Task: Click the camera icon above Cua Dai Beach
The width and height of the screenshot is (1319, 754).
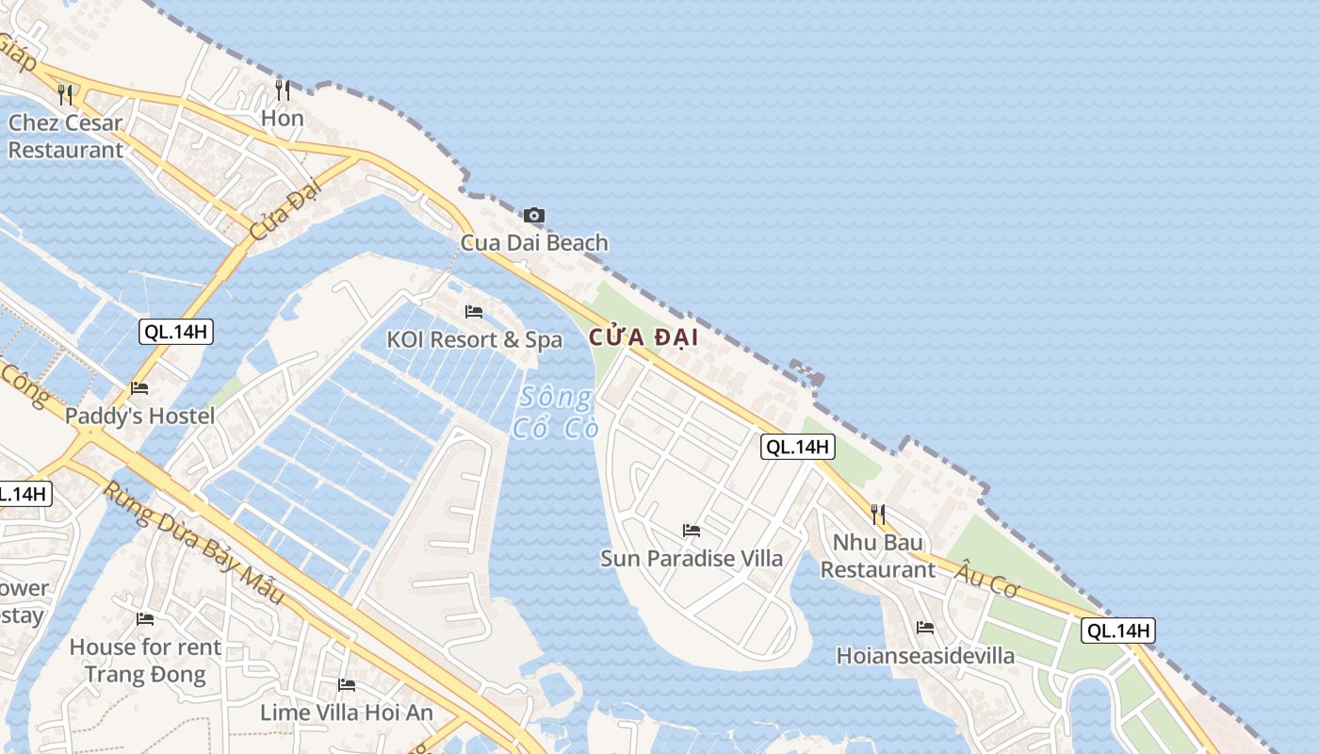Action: pyautogui.click(x=534, y=216)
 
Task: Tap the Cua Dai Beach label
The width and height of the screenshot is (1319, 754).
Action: pyautogui.click(x=534, y=243)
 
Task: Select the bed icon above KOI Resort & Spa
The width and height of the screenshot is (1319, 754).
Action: pyautogui.click(x=474, y=312)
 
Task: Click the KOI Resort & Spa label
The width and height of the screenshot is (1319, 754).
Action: pyautogui.click(x=475, y=339)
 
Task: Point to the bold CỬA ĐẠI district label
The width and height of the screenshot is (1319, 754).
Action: pyautogui.click(x=644, y=337)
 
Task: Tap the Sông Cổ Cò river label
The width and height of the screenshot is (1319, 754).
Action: pyautogui.click(x=556, y=412)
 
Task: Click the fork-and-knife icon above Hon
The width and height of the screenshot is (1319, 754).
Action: pyautogui.click(x=283, y=90)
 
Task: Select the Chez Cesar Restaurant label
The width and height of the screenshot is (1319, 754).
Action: pyautogui.click(x=65, y=137)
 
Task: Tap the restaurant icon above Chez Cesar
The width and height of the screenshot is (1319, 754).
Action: pyautogui.click(x=65, y=94)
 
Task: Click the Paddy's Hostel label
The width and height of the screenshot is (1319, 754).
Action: pyautogui.click(x=139, y=416)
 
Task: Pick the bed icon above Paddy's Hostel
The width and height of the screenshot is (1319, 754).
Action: pyautogui.click(x=139, y=388)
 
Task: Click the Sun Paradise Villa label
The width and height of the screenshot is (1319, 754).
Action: pyautogui.click(x=692, y=558)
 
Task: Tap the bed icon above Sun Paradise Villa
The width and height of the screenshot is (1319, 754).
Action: pyautogui.click(x=692, y=531)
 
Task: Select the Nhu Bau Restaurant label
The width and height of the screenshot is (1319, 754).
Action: pyautogui.click(x=878, y=556)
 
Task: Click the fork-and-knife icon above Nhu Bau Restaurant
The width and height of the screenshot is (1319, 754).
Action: pyautogui.click(x=878, y=515)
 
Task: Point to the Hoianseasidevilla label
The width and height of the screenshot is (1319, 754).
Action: pyautogui.click(x=925, y=656)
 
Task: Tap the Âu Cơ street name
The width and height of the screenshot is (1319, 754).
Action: pyautogui.click(x=988, y=576)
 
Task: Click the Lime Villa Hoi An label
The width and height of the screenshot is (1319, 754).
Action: pyautogui.click(x=347, y=713)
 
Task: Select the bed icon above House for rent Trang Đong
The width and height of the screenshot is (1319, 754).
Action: pyautogui.click(x=145, y=619)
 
